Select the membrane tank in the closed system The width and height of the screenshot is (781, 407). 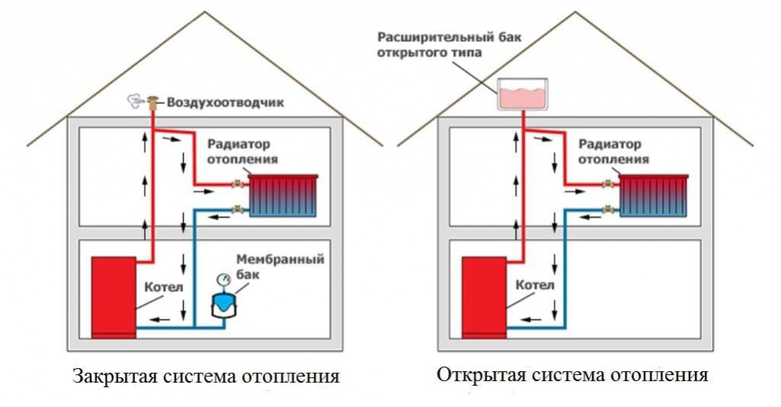223,304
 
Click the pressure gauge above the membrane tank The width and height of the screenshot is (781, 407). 223,280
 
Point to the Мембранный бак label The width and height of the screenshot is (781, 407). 279,266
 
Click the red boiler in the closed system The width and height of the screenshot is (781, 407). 114,296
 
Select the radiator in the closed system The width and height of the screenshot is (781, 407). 284,196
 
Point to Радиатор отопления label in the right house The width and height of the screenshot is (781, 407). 612,152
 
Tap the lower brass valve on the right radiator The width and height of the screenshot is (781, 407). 608,208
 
